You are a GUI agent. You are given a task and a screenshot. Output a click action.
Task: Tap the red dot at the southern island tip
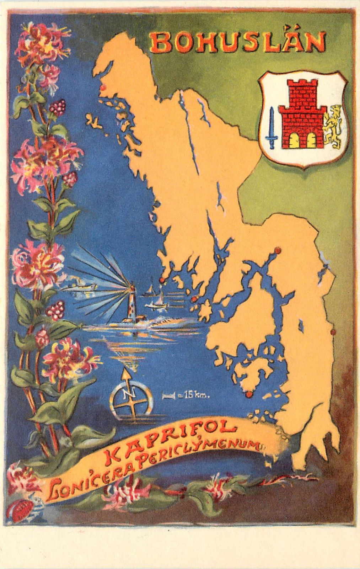point(249,394)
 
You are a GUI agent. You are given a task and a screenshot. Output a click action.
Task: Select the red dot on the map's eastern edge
point(333,332)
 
